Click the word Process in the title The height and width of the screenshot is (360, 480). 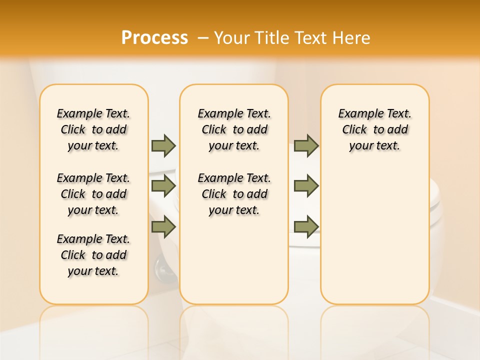pyautogui.click(x=154, y=37)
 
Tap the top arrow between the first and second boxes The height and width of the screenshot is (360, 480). pyautogui.click(x=163, y=145)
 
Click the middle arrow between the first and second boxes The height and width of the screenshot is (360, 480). pyautogui.click(x=163, y=186)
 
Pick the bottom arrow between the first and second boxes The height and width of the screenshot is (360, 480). pyautogui.click(x=163, y=226)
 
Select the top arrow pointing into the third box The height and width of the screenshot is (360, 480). pyautogui.click(x=306, y=145)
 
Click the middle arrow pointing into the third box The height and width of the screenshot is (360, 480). pyautogui.click(x=306, y=186)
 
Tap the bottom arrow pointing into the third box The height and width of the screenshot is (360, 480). pyautogui.click(x=306, y=226)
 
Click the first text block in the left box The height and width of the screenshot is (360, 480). pyautogui.click(x=93, y=129)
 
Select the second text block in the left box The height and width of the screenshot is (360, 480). pyautogui.click(x=93, y=194)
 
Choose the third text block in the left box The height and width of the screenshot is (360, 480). pyautogui.click(x=93, y=255)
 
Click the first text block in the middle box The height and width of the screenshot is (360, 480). pyautogui.click(x=234, y=129)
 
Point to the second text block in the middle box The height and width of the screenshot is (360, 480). pyautogui.click(x=234, y=194)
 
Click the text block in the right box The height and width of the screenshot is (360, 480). pyautogui.click(x=374, y=129)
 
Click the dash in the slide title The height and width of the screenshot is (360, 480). pyautogui.click(x=203, y=38)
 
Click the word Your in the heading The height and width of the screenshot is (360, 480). pyautogui.click(x=232, y=38)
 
